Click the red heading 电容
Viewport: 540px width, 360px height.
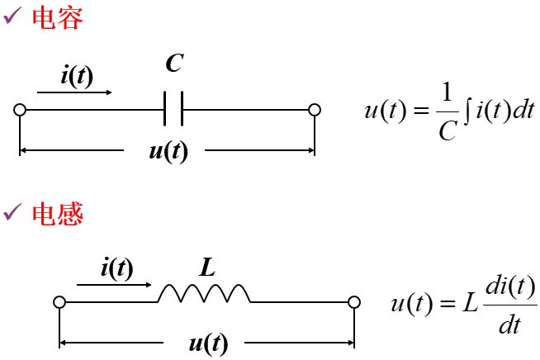click(57, 18)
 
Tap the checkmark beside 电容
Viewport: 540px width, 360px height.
click(14, 18)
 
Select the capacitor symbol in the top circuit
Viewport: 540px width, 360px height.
click(173, 109)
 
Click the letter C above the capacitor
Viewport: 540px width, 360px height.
click(173, 64)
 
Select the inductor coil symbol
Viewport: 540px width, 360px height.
click(204, 293)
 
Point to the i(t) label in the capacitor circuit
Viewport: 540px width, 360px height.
click(77, 76)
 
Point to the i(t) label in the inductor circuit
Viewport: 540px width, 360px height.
click(116, 268)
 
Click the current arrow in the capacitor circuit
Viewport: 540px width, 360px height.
click(74, 92)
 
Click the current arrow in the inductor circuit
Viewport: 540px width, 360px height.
click(114, 285)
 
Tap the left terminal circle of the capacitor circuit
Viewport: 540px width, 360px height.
click(20, 110)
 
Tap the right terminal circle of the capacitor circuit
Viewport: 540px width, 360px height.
click(314, 110)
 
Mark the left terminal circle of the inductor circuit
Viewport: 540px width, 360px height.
click(59, 302)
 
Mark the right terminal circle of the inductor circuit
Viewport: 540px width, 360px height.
click(354, 302)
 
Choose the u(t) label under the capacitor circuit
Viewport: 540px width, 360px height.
click(166, 152)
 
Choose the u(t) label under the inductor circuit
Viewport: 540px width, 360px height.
click(207, 344)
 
